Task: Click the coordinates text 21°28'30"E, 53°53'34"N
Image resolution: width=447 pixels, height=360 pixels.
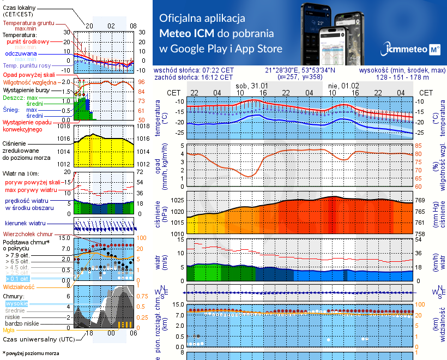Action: pyautogui.click(x=300, y=70)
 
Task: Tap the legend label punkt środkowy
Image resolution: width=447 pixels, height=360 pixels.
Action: pyautogui.click(x=28, y=41)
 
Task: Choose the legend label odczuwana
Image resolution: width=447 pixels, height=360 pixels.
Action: pyautogui.click(x=21, y=54)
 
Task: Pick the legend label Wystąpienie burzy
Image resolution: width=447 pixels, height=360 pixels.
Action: pyautogui.click(x=27, y=89)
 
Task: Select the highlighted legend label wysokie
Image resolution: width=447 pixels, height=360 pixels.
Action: pyautogui.click(x=17, y=303)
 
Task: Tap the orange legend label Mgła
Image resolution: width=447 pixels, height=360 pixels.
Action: pyautogui.click(x=8, y=330)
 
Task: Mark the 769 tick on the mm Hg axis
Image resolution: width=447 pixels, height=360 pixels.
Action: pyautogui.click(x=420, y=200)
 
